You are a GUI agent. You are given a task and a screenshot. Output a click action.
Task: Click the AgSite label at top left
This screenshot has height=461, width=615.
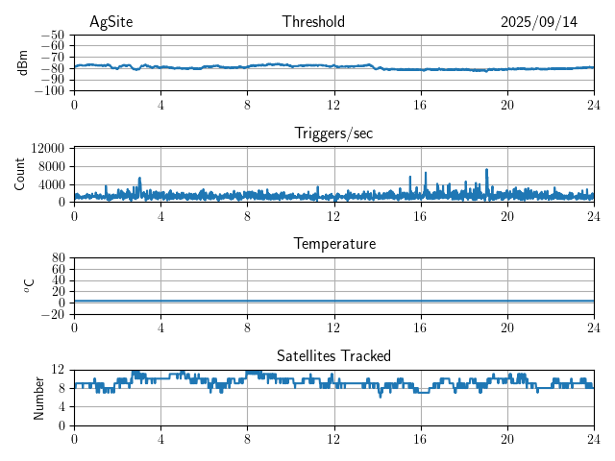pyautogui.click(x=111, y=22)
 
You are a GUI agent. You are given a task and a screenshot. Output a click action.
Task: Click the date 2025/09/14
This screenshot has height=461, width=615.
pyautogui.click(x=539, y=22)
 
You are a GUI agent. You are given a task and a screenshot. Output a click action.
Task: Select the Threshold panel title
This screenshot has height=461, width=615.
pyautogui.click(x=313, y=22)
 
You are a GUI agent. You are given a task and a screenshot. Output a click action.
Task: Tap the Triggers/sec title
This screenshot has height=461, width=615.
pyautogui.click(x=333, y=133)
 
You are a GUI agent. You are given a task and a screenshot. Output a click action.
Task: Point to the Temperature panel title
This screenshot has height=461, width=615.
pyautogui.click(x=333, y=244)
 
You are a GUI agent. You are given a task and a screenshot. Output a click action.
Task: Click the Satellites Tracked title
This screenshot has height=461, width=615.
pyautogui.click(x=333, y=355)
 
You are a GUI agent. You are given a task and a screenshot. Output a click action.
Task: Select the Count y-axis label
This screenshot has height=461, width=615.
pyautogui.click(x=19, y=174)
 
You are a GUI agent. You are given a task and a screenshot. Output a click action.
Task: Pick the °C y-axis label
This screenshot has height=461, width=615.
pyautogui.click(x=29, y=285)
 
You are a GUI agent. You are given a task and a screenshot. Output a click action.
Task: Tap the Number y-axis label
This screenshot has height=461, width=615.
pyautogui.click(x=38, y=397)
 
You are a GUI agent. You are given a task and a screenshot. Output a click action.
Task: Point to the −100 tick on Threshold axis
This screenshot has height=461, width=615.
pyautogui.click(x=52, y=91)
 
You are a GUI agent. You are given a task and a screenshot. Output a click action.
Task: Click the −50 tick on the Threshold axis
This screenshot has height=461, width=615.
pyautogui.click(x=54, y=35)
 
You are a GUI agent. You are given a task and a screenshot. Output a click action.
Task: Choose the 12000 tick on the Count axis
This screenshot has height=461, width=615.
pyautogui.click(x=47, y=148)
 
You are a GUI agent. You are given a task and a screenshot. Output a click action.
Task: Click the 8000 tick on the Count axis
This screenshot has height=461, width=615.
pyautogui.click(x=51, y=165)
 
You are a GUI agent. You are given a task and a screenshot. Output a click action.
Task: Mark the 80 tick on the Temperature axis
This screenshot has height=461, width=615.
pyautogui.click(x=58, y=258)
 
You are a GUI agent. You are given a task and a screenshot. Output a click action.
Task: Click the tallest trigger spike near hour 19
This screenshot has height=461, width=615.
pyautogui.click(x=486, y=170)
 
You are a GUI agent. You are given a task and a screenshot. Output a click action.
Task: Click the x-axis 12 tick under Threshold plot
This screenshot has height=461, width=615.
pyautogui.click(x=333, y=105)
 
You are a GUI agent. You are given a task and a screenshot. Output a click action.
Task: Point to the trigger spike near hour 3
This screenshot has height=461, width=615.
pyautogui.click(x=139, y=179)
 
